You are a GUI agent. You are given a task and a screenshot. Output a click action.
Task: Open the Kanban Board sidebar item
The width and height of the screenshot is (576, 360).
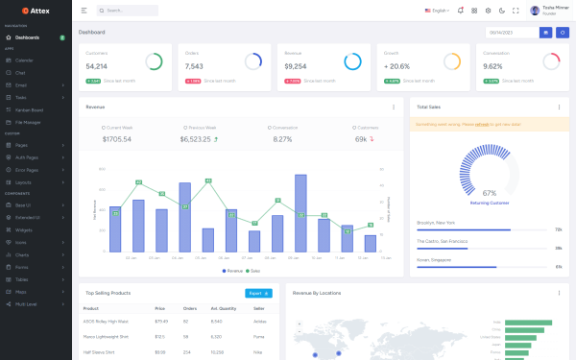point(30,109)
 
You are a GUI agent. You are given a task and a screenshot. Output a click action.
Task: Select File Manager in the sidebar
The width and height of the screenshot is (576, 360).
point(28,122)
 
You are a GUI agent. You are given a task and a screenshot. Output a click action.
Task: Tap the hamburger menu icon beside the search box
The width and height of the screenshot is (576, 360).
point(84,11)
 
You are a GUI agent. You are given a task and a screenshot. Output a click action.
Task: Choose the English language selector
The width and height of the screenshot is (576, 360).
point(437,11)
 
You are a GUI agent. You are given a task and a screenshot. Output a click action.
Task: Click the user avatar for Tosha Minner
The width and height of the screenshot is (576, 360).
point(535,11)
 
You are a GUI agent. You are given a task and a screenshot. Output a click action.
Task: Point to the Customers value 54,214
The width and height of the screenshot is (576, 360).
point(97,66)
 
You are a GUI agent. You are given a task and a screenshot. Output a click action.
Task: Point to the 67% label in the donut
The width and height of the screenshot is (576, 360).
point(489,193)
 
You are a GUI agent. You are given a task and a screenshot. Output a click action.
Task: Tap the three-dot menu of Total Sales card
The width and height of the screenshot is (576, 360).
point(559,107)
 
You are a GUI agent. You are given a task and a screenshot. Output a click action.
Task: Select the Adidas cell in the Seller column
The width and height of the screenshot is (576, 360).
point(258,322)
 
